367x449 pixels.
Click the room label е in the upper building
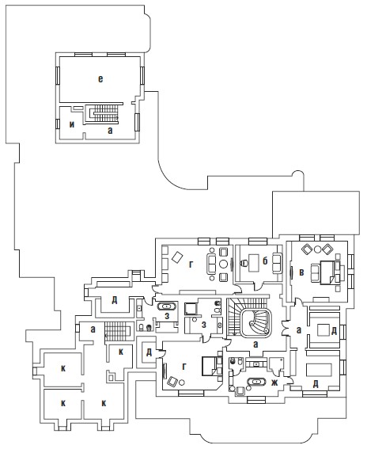pos(100,79)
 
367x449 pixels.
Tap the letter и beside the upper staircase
pos(72,124)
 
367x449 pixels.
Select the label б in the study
pos(265,261)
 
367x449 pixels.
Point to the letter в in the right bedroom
pos(301,272)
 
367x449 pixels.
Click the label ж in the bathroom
pos(274,382)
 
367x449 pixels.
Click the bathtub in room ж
pos(256,382)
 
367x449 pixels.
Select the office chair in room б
pos(244,263)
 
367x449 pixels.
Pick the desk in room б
pos(253,263)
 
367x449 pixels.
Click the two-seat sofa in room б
pos(277,263)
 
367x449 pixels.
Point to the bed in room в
pos(329,272)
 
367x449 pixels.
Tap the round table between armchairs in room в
pos(317,249)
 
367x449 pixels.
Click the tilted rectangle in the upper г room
pos(177,257)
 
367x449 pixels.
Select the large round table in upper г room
pos(223,264)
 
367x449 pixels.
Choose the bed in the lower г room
pos(211,366)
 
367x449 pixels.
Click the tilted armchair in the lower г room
pos(172,382)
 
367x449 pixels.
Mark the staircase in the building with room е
pos(104,114)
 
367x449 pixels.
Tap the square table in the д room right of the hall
pos(323,329)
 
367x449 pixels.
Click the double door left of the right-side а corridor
pos(285,329)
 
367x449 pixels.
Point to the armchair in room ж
pos(240,390)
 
